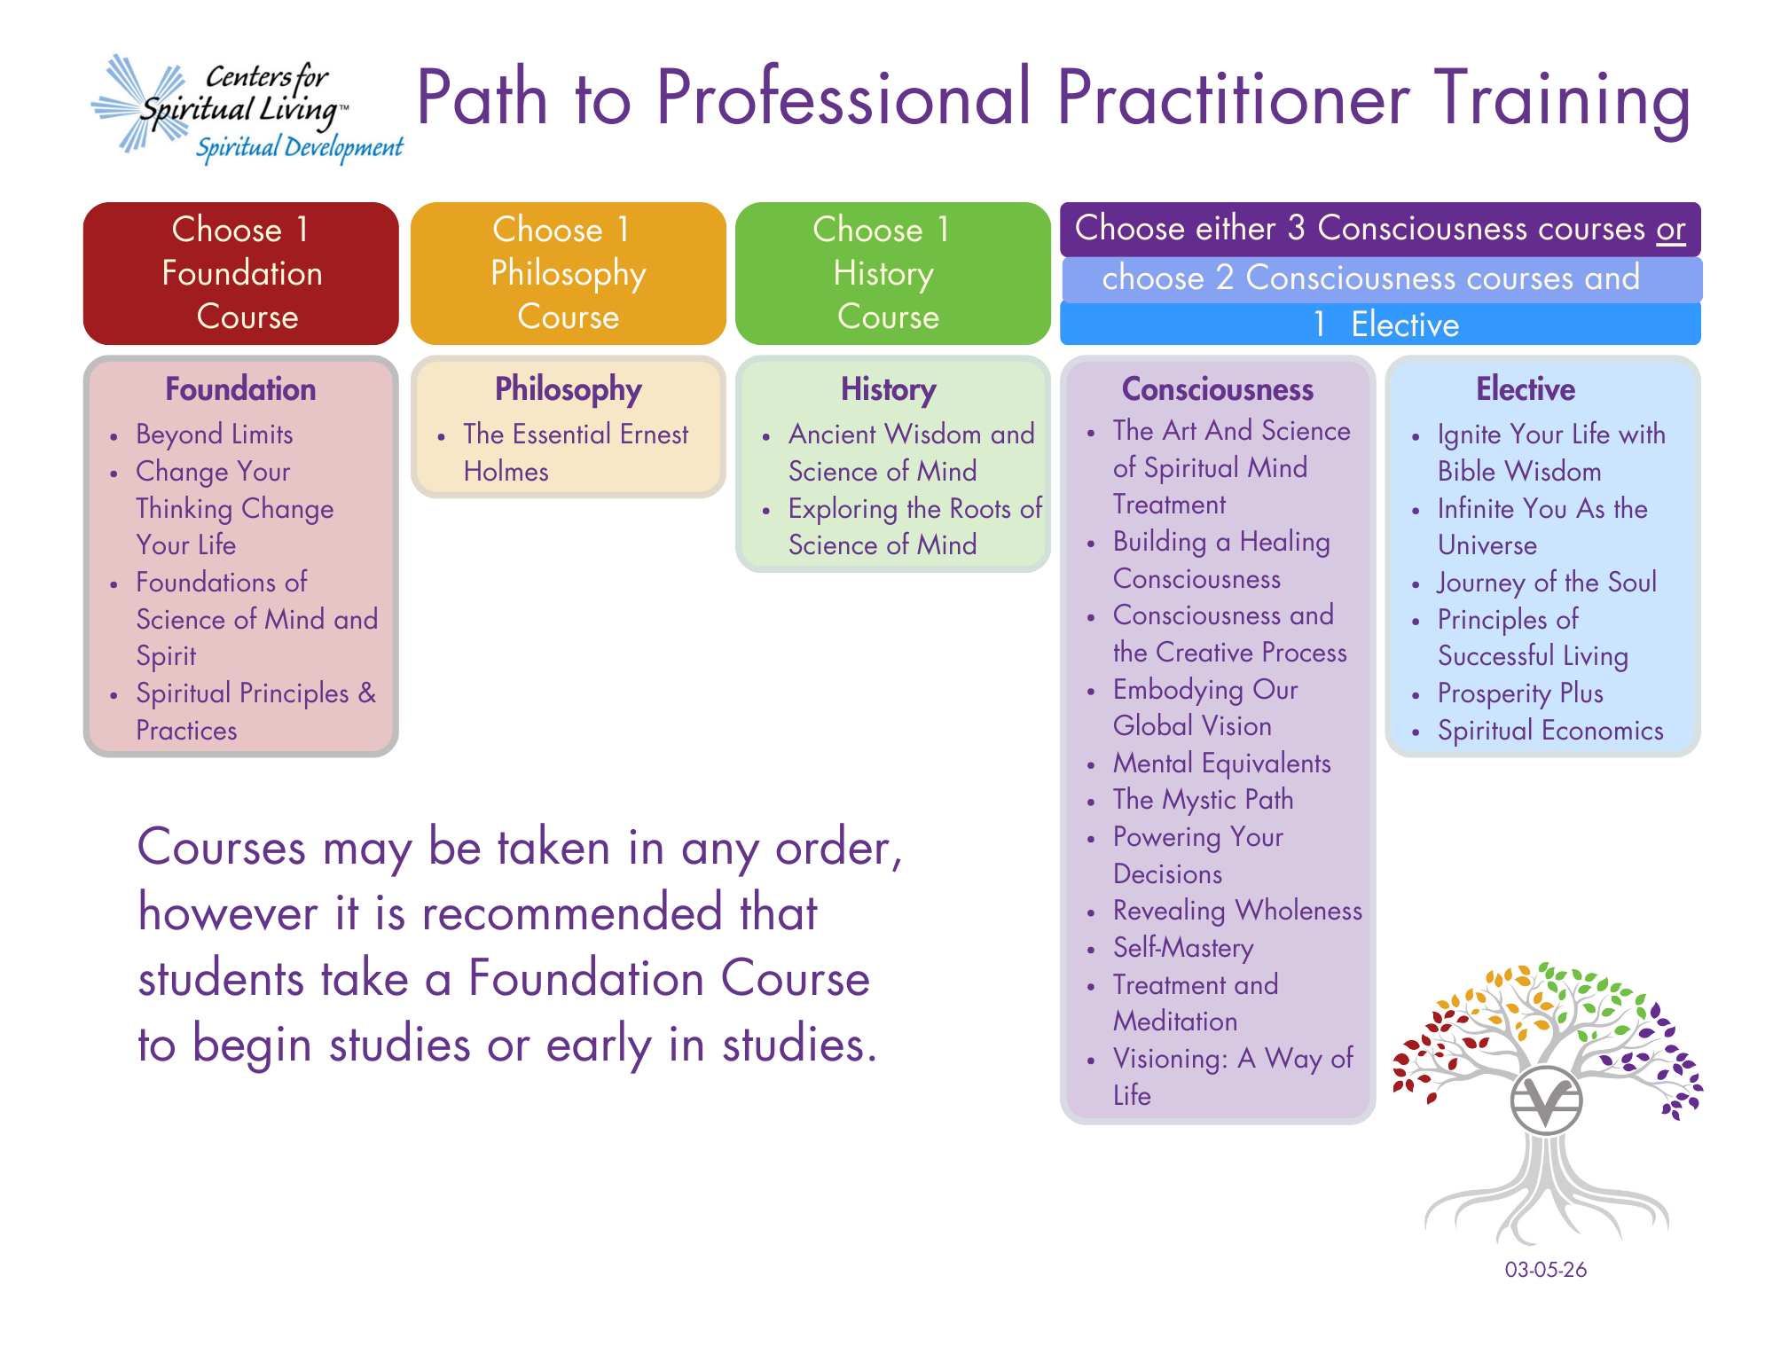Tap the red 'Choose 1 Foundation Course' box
click(x=241, y=273)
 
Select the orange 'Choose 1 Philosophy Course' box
click(x=568, y=273)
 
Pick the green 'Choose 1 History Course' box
click(x=892, y=273)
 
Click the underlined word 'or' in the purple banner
click(x=1670, y=229)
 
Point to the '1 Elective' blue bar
click(x=1380, y=324)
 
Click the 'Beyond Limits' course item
click(x=215, y=434)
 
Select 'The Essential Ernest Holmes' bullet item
click(x=576, y=452)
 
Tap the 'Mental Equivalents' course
click(x=1222, y=763)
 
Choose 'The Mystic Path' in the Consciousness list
click(x=1204, y=800)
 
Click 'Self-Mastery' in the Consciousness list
click(x=1183, y=948)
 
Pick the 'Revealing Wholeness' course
click(x=1237, y=911)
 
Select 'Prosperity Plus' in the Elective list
click(x=1520, y=693)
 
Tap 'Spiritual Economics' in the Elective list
click(x=1550, y=731)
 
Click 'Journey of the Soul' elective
click(x=1547, y=583)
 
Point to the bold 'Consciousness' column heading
click(x=1218, y=389)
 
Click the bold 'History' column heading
click(x=889, y=389)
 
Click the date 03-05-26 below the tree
click(x=1546, y=1270)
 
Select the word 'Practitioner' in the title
click(x=1234, y=98)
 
